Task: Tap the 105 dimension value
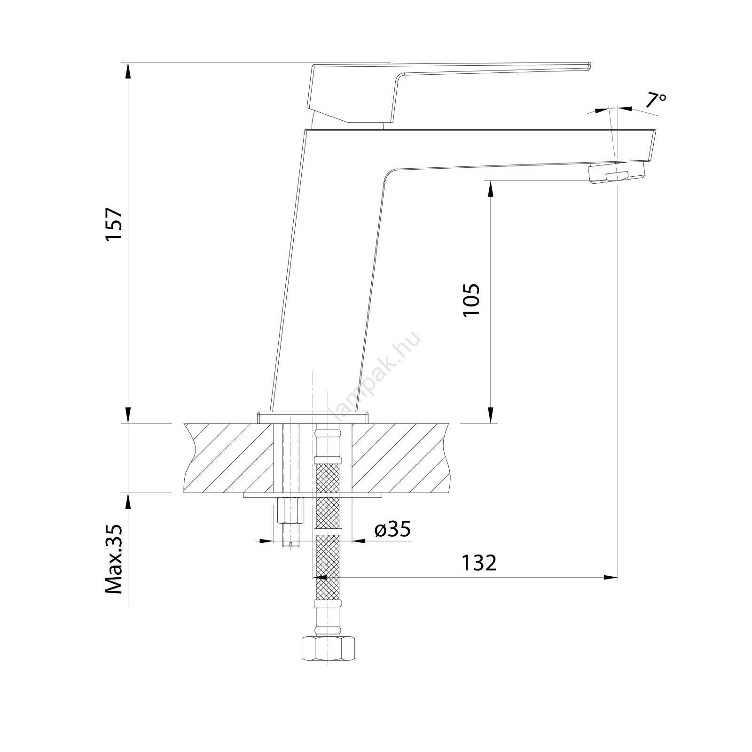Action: (471, 299)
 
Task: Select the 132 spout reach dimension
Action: (478, 563)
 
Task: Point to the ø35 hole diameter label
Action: (392, 530)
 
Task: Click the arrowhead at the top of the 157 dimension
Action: (128, 71)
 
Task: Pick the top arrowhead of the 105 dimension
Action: (491, 189)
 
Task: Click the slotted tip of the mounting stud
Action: (291, 543)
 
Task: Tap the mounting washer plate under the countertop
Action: (313, 495)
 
